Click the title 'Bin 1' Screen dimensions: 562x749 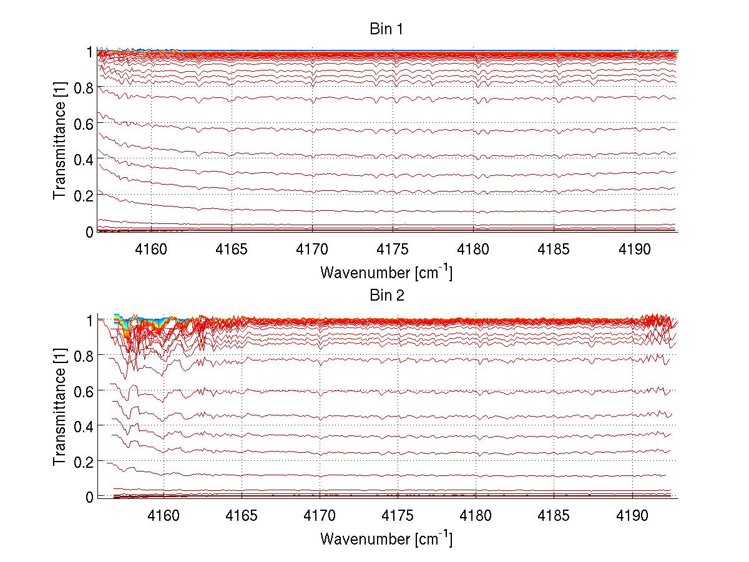click(x=387, y=29)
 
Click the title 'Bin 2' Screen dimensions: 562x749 click(x=387, y=295)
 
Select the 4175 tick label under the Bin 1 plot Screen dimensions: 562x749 click(x=393, y=249)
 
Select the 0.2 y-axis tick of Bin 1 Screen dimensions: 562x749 click(x=84, y=195)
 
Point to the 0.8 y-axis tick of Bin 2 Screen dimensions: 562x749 click(x=84, y=355)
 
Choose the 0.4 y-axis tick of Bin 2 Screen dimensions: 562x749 click(x=84, y=426)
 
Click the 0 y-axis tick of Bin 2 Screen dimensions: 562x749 click(x=90, y=497)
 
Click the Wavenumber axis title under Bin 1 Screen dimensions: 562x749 click(x=386, y=272)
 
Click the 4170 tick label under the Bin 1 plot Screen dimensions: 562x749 click(x=312, y=249)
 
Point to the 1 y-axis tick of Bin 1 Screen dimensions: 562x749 click(x=90, y=52)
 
